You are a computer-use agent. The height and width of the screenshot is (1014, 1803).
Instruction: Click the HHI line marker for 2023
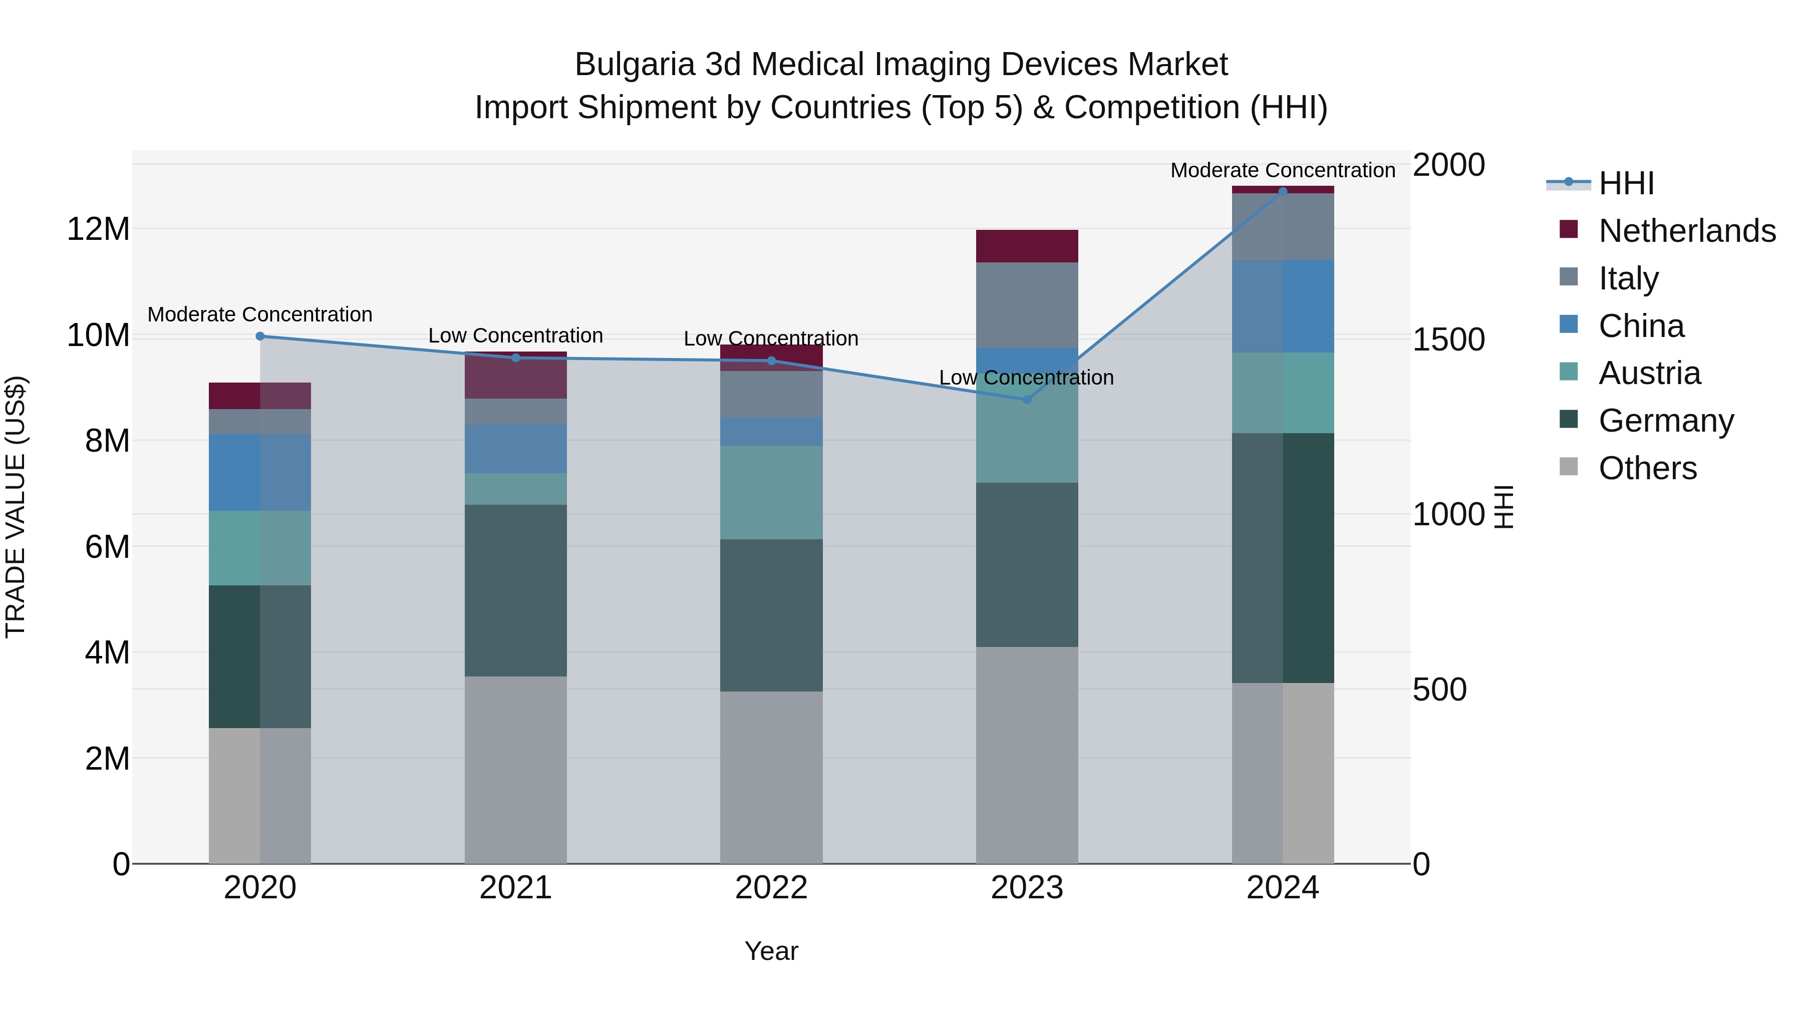[x=1027, y=400]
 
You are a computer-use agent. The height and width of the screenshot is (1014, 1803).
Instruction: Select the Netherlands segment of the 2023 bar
[x=1027, y=246]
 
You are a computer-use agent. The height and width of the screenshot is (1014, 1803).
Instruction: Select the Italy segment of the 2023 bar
[x=1027, y=305]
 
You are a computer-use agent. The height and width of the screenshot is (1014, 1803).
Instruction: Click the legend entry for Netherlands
[x=1687, y=231]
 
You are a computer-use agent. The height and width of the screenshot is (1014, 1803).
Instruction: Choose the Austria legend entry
[x=1649, y=373]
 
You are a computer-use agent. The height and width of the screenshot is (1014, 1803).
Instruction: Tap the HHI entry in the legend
[x=1626, y=183]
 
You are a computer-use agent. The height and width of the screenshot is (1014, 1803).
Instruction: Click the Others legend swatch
[x=1569, y=467]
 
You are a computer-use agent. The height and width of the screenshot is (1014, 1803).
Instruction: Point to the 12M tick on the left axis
[x=98, y=229]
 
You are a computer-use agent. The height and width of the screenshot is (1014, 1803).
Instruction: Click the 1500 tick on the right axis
[x=1448, y=340]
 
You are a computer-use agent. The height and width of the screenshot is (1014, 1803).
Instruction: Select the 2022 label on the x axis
[x=771, y=888]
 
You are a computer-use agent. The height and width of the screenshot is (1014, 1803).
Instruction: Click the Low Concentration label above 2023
[x=1026, y=378]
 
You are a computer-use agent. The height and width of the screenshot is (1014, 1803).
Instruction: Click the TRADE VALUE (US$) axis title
[x=16, y=507]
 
